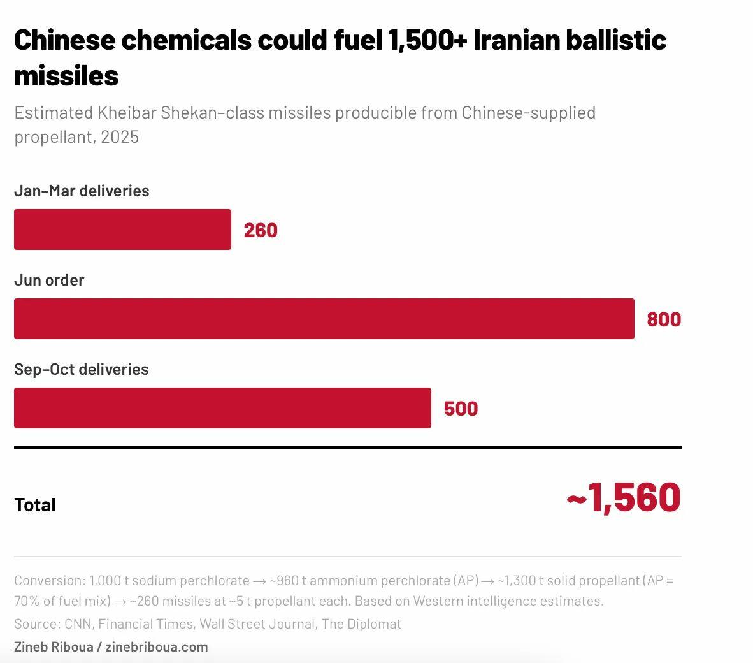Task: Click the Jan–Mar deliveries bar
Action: point(122,229)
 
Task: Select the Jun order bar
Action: point(324,319)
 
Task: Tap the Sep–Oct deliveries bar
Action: point(222,408)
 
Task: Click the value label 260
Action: point(261,230)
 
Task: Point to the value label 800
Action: point(664,319)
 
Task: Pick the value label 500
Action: point(461,409)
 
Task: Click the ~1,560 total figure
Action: point(624,497)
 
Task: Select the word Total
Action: point(35,505)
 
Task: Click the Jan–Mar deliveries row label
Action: point(82,191)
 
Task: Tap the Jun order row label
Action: point(49,280)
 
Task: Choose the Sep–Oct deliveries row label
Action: point(82,369)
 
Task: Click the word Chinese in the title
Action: point(65,40)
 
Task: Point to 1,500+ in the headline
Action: point(427,40)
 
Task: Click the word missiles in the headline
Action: point(66,76)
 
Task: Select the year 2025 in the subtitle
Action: point(120,137)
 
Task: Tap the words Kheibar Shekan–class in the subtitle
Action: point(181,113)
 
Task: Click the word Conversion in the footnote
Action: point(48,581)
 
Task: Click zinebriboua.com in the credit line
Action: point(157,646)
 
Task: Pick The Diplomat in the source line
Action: point(361,624)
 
